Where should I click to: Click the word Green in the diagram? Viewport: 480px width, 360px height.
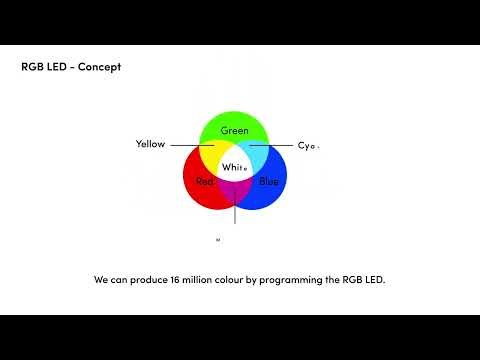(235, 131)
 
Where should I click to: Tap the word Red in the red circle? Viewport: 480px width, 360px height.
(205, 181)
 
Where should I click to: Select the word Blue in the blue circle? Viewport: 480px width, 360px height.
(269, 181)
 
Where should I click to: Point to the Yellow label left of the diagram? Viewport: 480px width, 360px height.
(150, 145)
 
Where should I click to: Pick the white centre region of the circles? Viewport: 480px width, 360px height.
(235, 166)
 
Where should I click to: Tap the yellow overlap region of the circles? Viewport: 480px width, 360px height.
(213, 155)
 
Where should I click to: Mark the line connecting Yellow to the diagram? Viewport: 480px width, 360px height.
(190, 145)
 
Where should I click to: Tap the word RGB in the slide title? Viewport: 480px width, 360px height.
(31, 67)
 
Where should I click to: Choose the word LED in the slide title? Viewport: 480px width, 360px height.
(57, 67)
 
